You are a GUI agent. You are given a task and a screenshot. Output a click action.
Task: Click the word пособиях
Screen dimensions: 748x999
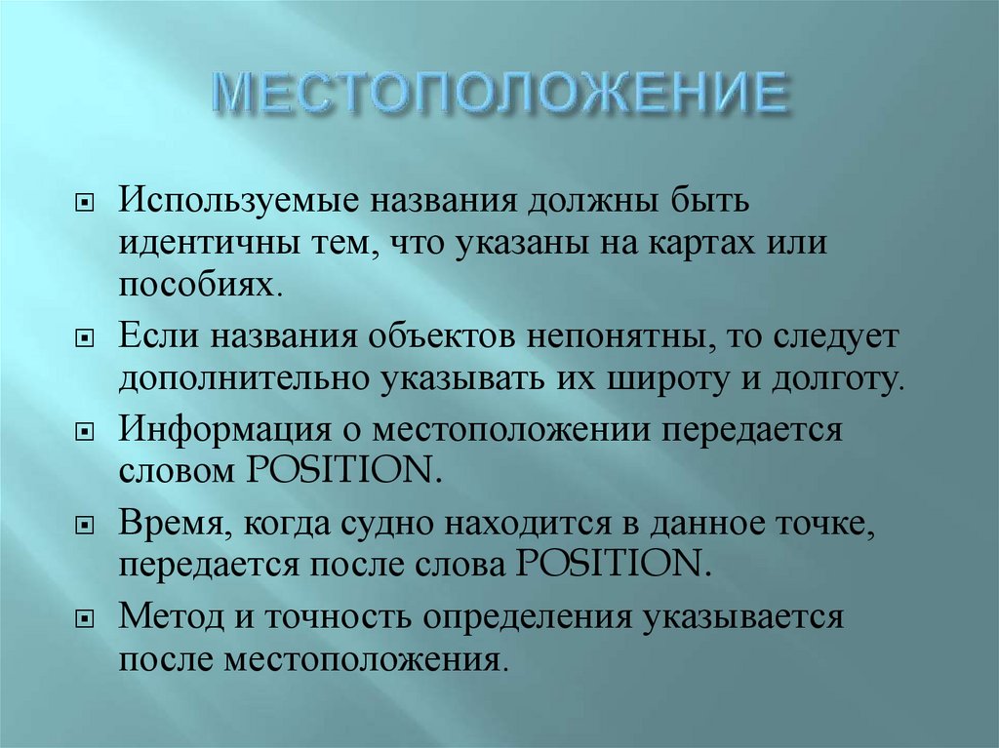click(202, 285)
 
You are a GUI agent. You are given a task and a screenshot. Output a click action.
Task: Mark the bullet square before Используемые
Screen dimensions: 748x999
click(85, 204)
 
